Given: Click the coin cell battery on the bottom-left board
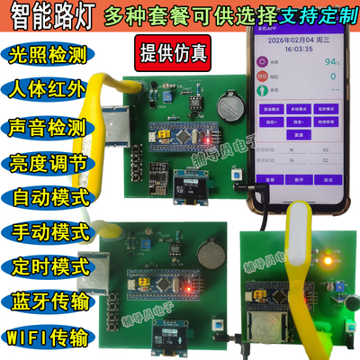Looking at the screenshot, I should tap(203, 250).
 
